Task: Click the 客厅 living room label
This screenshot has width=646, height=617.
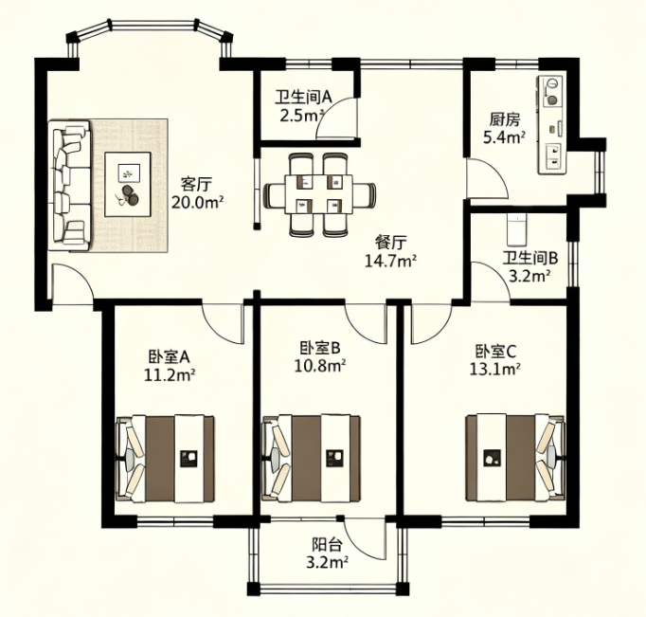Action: tap(196, 184)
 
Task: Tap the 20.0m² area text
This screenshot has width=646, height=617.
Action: tap(197, 203)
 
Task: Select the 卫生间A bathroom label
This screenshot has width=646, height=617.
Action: tap(304, 98)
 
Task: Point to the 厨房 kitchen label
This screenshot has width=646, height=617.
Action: tap(505, 119)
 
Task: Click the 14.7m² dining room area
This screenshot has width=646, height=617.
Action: tap(390, 261)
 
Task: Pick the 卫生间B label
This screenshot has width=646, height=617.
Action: tap(529, 259)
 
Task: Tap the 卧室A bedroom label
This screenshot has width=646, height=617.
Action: tap(169, 357)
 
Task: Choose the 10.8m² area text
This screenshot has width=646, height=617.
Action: tap(320, 366)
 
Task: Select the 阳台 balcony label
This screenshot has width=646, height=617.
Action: tap(327, 545)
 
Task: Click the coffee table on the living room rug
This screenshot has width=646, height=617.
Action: tap(128, 184)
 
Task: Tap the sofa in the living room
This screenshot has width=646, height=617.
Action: tap(69, 185)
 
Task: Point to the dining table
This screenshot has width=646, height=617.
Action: tap(318, 194)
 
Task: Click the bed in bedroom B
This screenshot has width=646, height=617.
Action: tap(312, 459)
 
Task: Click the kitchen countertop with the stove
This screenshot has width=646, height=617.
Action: tap(551, 125)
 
